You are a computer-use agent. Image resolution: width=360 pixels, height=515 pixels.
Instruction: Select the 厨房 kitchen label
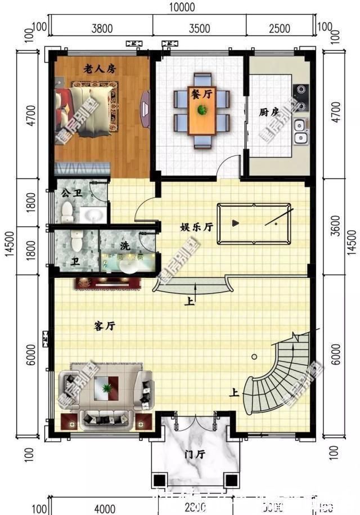[269, 112]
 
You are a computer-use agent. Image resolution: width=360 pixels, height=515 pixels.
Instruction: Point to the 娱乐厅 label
[196, 227]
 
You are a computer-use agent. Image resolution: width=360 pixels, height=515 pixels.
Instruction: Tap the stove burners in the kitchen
[301, 97]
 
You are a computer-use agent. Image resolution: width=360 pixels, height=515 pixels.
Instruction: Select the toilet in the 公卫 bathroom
[67, 211]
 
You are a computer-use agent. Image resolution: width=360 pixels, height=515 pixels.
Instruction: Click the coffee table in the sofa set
[106, 388]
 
